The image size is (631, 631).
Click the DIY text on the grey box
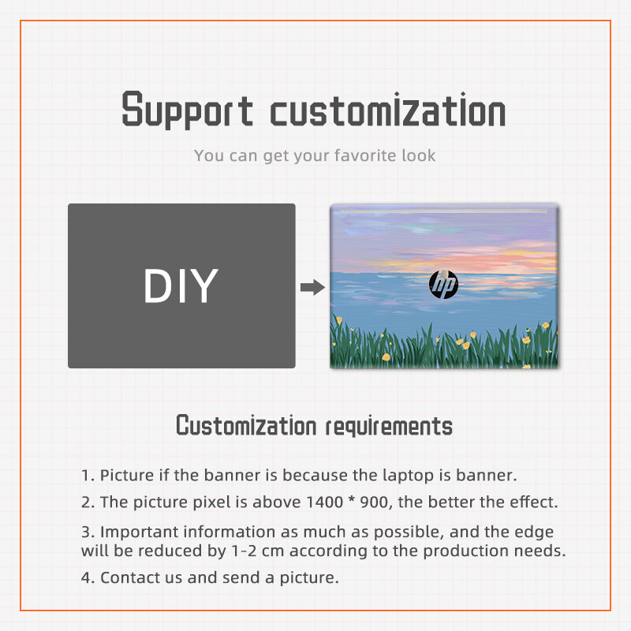(x=181, y=286)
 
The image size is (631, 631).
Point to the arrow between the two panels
(x=312, y=287)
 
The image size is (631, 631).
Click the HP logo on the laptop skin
(x=443, y=285)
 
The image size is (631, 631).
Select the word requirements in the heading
(x=390, y=427)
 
